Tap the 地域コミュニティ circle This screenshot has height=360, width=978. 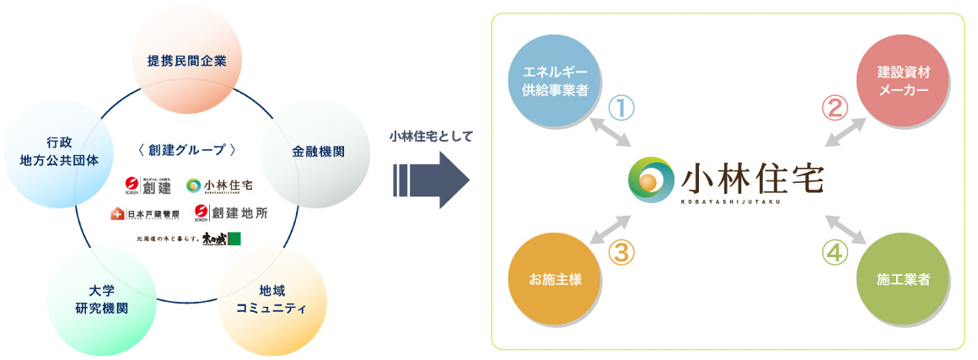coord(271,298)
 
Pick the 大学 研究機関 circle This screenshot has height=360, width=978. coord(101,300)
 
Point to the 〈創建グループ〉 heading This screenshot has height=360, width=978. coord(186,150)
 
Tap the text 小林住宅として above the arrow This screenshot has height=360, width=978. coord(431,136)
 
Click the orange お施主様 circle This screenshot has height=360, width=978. coord(555,279)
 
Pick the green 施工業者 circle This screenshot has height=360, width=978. coord(901,279)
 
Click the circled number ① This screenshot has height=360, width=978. coord(621,108)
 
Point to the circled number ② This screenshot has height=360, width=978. coord(834,108)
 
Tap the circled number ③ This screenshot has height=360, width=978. coord(621,252)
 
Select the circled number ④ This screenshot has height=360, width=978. coord(834,252)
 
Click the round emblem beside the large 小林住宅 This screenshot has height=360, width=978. coord(651,179)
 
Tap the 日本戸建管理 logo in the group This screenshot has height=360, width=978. coord(144,213)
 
